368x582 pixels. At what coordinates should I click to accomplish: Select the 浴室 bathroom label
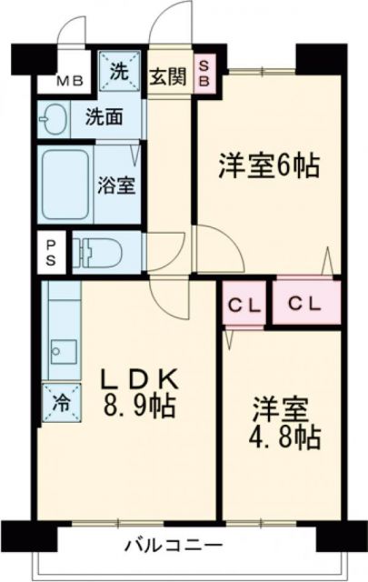coord(116,185)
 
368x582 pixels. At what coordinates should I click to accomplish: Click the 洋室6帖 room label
coord(269,166)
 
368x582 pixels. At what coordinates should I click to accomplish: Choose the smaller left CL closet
coord(242,305)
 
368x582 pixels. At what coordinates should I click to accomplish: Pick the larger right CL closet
coord(305,304)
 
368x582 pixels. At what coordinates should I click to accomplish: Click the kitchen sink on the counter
coord(63,351)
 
